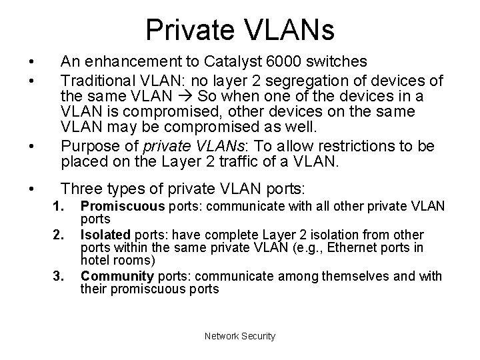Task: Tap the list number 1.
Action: click(59, 207)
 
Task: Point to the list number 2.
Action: click(59, 234)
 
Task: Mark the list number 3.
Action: click(59, 276)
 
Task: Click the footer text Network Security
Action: click(240, 336)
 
